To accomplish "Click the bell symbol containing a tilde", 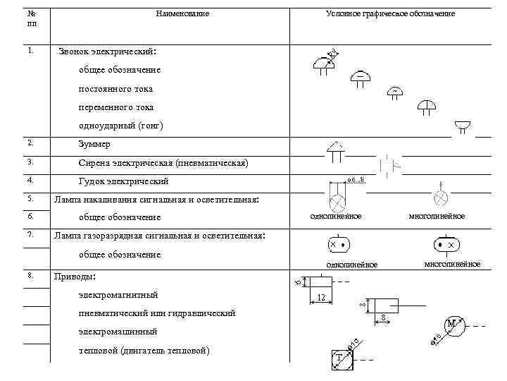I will tap(396, 92).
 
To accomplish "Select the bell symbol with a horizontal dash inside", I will tap(360, 75).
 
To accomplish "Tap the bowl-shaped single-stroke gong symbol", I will tap(463, 126).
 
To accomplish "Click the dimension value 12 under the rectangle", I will tap(320, 298).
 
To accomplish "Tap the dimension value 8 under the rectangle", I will tap(382, 318).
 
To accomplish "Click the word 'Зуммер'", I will tap(94, 144).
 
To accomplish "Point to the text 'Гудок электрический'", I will tap(123, 181).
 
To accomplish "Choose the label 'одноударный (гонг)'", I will tap(121, 126).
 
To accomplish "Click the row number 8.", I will tap(30, 275).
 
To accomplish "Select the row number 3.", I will tap(30, 162).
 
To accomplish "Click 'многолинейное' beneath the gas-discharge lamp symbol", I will tap(451, 264).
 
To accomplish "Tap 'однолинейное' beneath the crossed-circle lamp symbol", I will tap(337, 216).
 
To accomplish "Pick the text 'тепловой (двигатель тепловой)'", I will tap(144, 351).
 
